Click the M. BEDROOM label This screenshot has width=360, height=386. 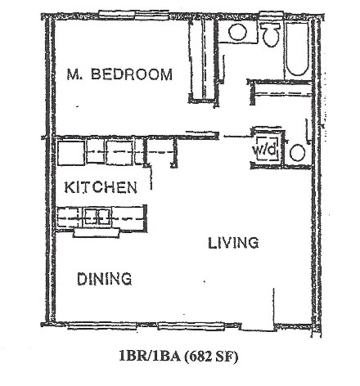click(x=119, y=74)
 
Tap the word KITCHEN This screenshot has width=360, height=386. click(x=100, y=187)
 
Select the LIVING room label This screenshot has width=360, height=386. click(x=232, y=243)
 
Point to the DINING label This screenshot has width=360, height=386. click(x=105, y=279)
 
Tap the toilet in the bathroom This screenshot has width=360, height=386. click(x=269, y=34)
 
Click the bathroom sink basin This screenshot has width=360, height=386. click(x=238, y=33)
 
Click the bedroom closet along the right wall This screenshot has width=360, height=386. click(x=198, y=59)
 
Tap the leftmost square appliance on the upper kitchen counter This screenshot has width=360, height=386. click(x=70, y=150)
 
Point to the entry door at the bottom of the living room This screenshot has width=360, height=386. click(x=245, y=327)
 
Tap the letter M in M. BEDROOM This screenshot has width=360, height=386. click(x=71, y=74)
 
